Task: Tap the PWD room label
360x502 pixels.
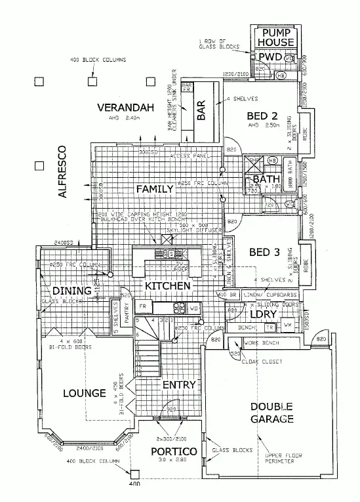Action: [x=270, y=58]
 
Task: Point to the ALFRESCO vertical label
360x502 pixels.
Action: [x=62, y=171]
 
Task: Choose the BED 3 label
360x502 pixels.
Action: [x=266, y=252]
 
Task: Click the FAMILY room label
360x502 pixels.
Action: [x=154, y=189]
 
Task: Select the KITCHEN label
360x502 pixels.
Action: [x=168, y=286]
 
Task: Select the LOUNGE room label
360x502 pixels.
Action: [x=85, y=393]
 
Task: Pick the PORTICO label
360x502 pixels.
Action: [x=174, y=451]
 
